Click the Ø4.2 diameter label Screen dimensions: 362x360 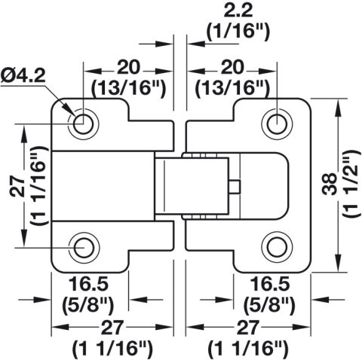(x=23, y=75)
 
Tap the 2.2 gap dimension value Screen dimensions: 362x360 (x=238, y=11)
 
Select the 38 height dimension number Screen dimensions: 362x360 (x=330, y=185)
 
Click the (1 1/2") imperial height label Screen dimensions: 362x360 (x=350, y=185)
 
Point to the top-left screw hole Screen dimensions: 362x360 (x=83, y=124)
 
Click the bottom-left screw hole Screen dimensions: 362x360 (x=83, y=248)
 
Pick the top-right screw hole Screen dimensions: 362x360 (x=277, y=124)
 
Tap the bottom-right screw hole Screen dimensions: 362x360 (x=277, y=248)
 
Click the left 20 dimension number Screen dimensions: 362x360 (x=128, y=67)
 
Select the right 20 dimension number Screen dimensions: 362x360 (x=233, y=67)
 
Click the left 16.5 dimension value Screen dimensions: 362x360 (x=88, y=284)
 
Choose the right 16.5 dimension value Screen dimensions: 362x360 (x=270, y=284)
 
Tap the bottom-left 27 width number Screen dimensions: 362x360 (x=112, y=328)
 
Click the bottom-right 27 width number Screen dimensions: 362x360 (x=247, y=328)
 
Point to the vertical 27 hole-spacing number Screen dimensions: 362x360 (x=17, y=186)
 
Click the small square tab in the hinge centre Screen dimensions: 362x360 (x=235, y=187)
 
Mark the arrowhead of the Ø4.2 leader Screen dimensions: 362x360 (x=71, y=113)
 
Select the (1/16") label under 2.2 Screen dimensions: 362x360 (x=238, y=32)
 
